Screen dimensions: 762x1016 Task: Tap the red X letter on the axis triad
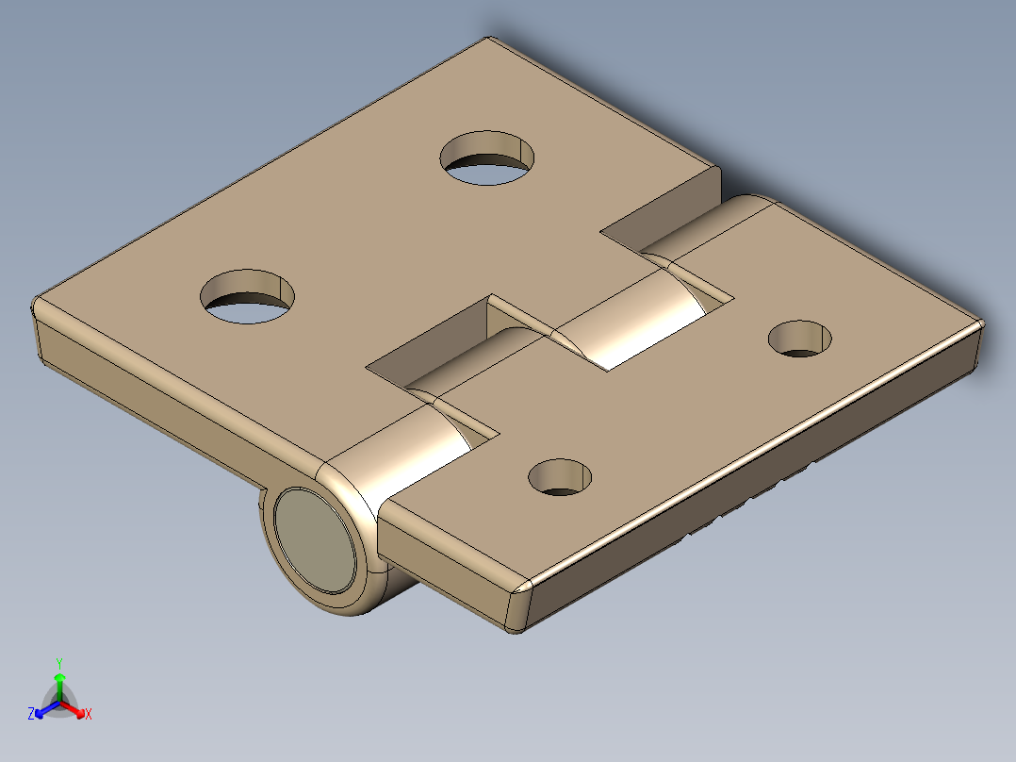click(89, 715)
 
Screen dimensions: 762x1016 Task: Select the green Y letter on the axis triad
click(59, 663)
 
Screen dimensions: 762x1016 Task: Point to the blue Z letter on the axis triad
click(31, 715)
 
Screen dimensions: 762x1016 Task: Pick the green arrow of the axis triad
click(59, 683)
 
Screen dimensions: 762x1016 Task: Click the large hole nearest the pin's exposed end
click(248, 296)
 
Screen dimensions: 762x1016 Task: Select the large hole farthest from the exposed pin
click(487, 157)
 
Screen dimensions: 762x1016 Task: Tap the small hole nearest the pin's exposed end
click(561, 477)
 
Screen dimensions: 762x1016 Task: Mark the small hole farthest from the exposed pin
click(801, 339)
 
